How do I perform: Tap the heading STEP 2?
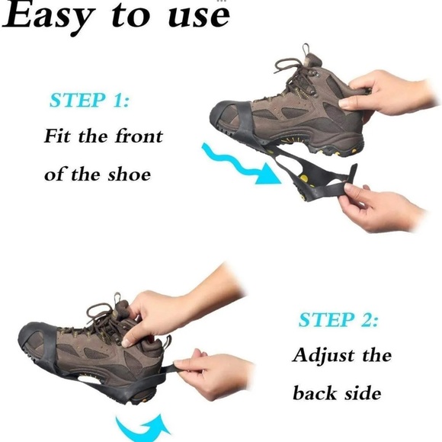point(338,320)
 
